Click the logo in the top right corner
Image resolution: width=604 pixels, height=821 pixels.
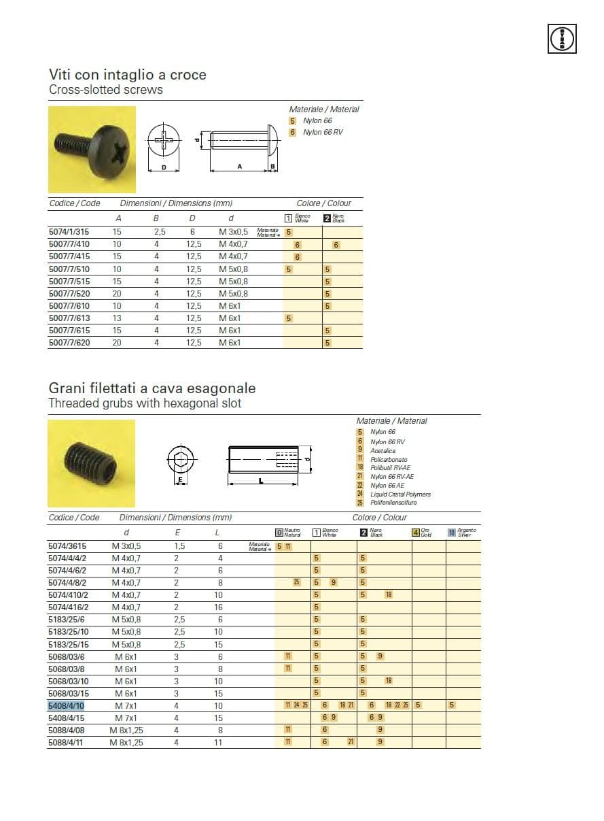pos(562,38)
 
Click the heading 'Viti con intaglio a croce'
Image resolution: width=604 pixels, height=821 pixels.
pos(127,75)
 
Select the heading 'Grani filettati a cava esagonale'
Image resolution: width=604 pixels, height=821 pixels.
pos(152,388)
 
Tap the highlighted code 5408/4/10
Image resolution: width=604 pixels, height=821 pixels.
pos(66,705)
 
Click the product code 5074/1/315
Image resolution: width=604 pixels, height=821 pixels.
pos(69,232)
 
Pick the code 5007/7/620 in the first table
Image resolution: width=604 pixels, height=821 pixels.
pos(69,343)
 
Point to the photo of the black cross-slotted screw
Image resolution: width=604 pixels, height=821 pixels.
pos(92,149)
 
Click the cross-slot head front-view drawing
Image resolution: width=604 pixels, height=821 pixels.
pos(163,141)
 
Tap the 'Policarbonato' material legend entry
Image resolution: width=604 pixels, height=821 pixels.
pos(389,459)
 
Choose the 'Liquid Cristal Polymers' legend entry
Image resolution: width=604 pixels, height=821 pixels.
pos(400,495)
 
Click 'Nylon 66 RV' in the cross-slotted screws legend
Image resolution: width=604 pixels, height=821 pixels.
pos(322,132)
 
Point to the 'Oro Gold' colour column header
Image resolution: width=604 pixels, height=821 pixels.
pos(422,533)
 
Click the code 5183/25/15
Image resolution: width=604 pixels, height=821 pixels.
pos(69,644)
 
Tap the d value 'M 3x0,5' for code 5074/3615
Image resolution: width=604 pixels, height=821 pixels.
pos(126,546)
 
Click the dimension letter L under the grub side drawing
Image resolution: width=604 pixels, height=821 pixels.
pos(261,480)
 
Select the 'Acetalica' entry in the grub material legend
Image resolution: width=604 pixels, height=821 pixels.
pos(383,450)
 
